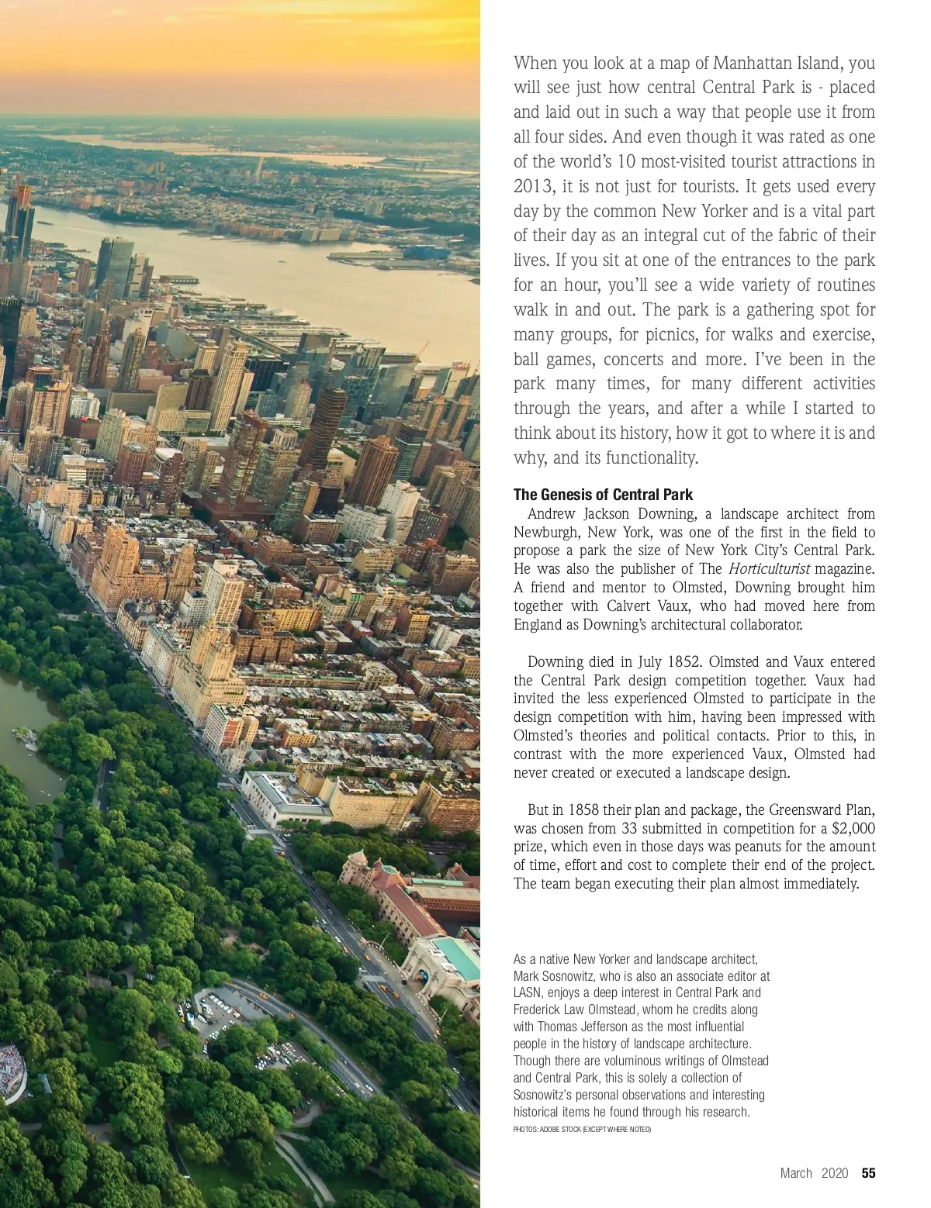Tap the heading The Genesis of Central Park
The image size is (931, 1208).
[603, 495]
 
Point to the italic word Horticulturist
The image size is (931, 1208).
[767, 569]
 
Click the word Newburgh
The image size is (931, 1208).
[547, 532]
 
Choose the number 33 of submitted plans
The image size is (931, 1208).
[630, 828]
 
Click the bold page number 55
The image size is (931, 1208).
[868, 1173]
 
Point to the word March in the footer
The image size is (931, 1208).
[796, 1173]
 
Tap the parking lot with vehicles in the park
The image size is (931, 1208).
[213, 1008]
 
